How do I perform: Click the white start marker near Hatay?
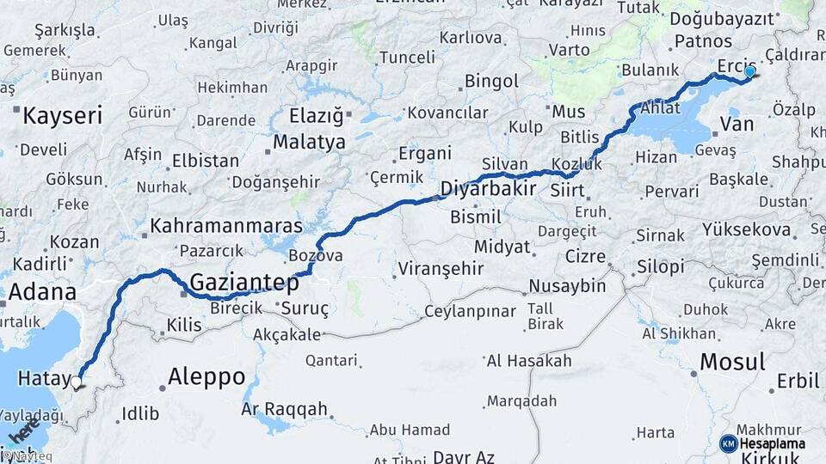click(77, 382)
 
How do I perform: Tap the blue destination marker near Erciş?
click(749, 72)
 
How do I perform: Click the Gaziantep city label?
click(243, 282)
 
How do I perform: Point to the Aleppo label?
click(206, 376)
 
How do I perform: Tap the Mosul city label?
click(731, 362)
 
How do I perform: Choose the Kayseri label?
click(62, 115)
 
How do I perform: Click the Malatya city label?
click(309, 142)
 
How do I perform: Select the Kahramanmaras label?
click(226, 226)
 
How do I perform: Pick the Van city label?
click(736, 125)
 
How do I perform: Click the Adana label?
click(43, 291)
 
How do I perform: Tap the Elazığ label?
click(316, 115)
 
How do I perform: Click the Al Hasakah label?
click(528, 361)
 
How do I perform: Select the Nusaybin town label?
click(567, 286)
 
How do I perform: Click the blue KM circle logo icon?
click(728, 443)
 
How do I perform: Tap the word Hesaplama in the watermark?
click(772, 443)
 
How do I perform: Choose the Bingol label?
click(491, 82)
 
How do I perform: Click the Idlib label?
click(140, 413)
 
